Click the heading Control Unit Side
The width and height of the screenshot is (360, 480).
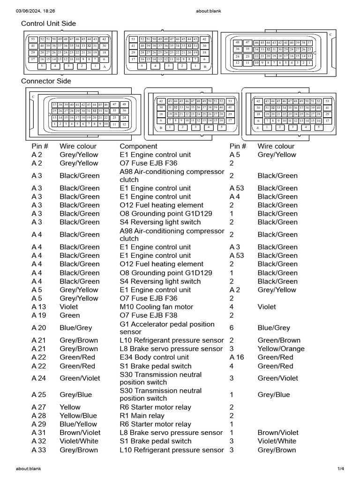[x=48, y=23]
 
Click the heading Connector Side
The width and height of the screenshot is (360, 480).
[x=46, y=81]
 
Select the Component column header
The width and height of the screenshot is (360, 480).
[x=138, y=146]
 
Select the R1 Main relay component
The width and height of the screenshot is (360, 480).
[x=142, y=416]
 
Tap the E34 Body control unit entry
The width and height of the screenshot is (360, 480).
[x=154, y=357]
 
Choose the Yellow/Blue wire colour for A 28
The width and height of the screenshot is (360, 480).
[x=78, y=416]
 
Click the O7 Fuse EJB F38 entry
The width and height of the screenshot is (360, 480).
[x=149, y=315]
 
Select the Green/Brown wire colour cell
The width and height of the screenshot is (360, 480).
[x=279, y=340]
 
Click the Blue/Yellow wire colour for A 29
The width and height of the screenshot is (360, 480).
[x=78, y=424]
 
